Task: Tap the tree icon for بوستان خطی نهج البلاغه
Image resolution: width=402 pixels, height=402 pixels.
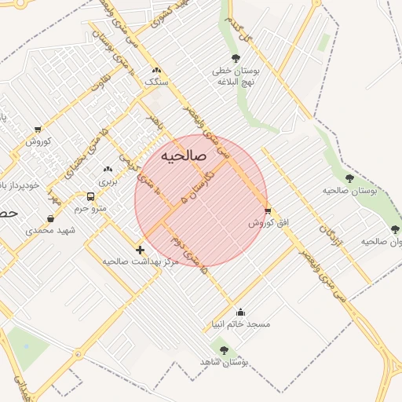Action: coord(236,58)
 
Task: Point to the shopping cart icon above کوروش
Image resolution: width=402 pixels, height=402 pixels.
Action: coord(38,130)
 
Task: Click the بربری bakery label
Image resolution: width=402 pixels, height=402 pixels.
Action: coord(107,181)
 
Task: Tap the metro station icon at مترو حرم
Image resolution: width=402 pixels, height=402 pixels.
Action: coord(90,196)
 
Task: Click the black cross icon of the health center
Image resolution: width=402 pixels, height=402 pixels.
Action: coord(140,250)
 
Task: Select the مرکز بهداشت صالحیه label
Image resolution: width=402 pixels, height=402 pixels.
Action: coord(141,261)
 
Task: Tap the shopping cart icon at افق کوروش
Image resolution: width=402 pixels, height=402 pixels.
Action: coord(269,210)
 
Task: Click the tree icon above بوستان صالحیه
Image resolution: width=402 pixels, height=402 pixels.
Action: coord(349,179)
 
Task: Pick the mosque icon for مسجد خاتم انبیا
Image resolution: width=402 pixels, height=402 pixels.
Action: coord(239,312)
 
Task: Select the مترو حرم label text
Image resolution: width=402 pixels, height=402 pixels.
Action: coord(90,209)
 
